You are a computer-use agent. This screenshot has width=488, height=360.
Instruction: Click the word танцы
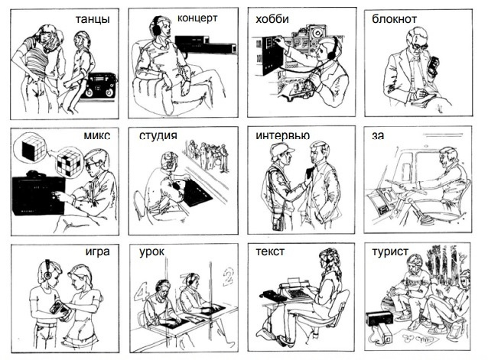click(x=93, y=20)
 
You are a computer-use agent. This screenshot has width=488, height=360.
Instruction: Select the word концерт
click(x=197, y=18)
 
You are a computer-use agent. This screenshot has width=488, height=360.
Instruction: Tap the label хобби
click(x=272, y=19)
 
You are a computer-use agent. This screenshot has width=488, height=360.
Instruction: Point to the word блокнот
click(x=394, y=19)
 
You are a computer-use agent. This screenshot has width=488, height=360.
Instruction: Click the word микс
click(x=97, y=135)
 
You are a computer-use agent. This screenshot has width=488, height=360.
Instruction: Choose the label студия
click(x=158, y=136)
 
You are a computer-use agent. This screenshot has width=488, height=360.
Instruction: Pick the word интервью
click(x=282, y=135)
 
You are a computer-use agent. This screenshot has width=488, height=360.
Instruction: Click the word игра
click(x=97, y=251)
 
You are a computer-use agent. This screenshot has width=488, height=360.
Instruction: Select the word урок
click(x=151, y=251)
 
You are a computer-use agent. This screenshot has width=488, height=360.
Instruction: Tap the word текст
click(x=270, y=251)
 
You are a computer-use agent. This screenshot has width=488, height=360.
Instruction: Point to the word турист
click(x=390, y=251)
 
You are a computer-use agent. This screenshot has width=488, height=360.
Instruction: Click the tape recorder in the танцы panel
click(x=99, y=86)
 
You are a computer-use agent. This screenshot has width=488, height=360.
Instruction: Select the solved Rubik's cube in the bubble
click(x=34, y=149)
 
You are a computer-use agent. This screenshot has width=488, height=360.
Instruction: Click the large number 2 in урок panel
click(x=229, y=276)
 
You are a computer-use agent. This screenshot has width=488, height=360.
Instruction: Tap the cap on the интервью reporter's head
click(x=281, y=149)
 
